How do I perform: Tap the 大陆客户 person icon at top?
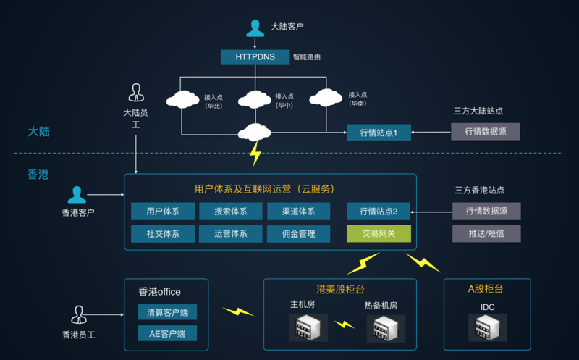click(x=255, y=28)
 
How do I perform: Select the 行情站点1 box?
click(x=379, y=132)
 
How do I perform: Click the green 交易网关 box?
click(x=379, y=234)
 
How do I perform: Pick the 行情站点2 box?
click(x=379, y=212)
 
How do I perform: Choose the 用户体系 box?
click(x=163, y=212)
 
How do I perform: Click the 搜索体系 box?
click(x=231, y=212)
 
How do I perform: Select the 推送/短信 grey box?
click(x=486, y=234)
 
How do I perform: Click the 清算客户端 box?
click(x=167, y=313)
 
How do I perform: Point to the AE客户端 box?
click(x=167, y=334)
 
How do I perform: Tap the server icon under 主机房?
click(x=303, y=328)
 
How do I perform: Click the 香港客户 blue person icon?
click(x=77, y=195)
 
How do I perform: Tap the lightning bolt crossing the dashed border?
click(x=255, y=154)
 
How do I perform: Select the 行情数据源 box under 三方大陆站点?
click(x=485, y=132)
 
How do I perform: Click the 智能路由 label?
click(x=307, y=56)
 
